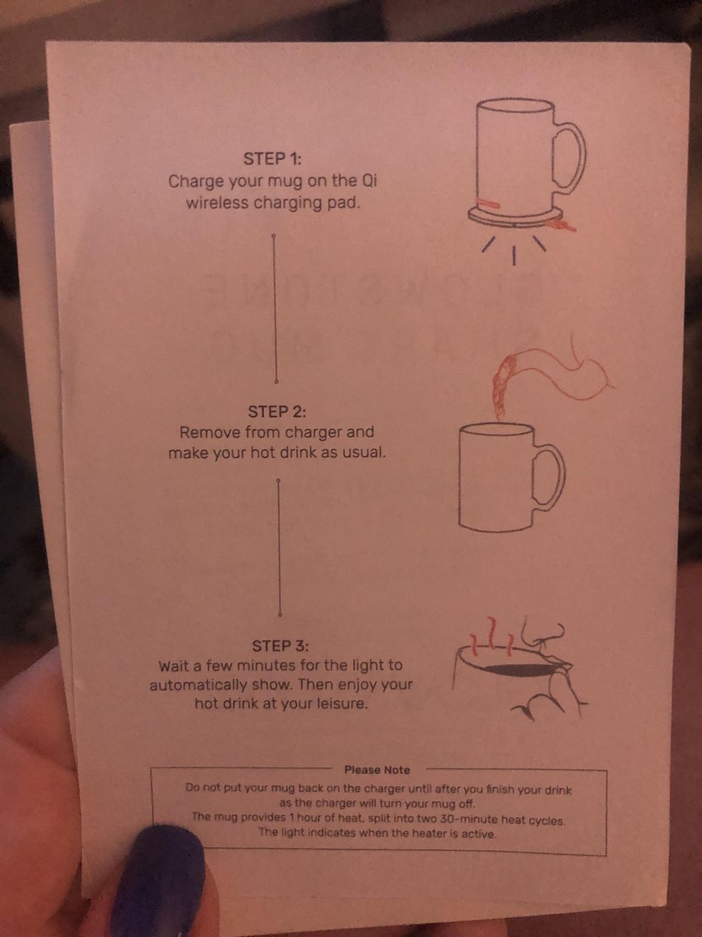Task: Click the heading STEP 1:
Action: click(272, 158)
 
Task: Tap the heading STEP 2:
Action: click(277, 412)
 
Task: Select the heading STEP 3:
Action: click(280, 646)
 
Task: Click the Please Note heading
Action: click(377, 770)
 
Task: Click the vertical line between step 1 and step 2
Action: click(274, 308)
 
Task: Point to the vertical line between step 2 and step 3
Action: click(279, 548)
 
